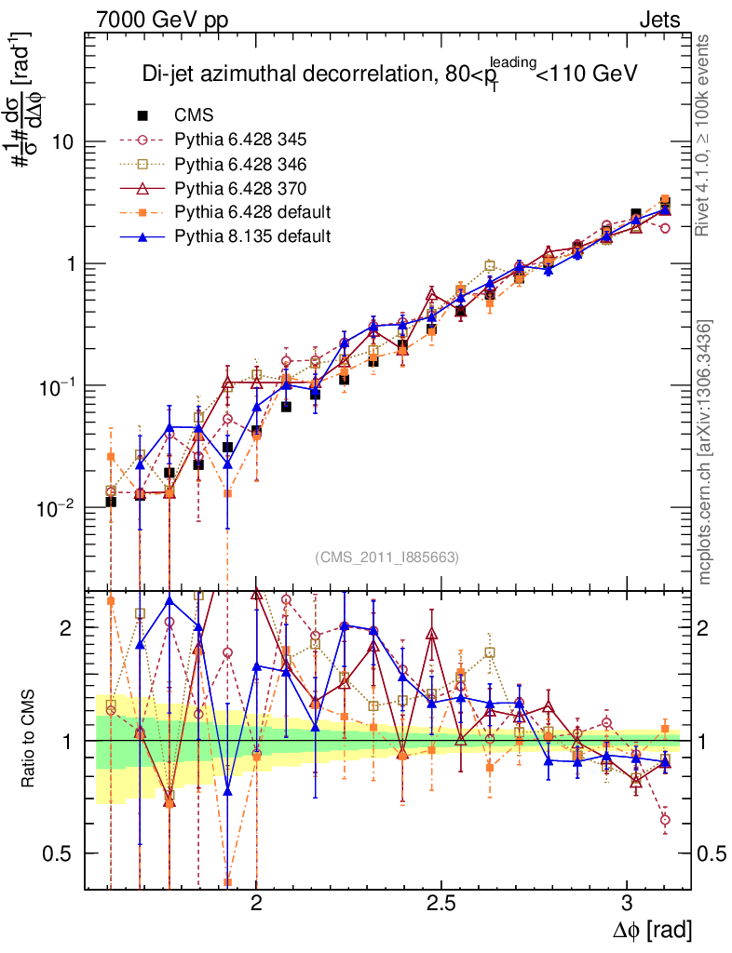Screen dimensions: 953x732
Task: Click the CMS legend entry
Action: [194, 116]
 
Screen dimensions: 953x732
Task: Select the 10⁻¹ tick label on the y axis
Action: [57, 386]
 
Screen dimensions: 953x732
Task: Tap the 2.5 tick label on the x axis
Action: [441, 905]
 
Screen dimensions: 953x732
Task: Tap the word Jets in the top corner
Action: [658, 20]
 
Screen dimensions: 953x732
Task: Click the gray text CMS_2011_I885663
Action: [386, 557]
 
